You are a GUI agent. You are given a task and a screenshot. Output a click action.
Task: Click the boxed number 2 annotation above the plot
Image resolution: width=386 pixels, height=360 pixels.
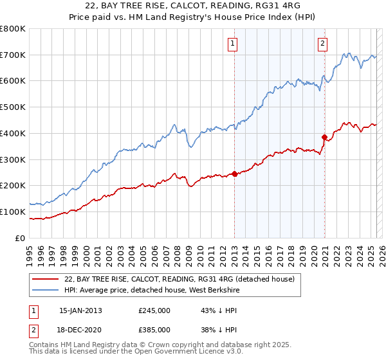[x=322, y=44]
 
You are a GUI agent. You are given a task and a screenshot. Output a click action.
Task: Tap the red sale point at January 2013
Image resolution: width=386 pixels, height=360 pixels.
[x=234, y=173]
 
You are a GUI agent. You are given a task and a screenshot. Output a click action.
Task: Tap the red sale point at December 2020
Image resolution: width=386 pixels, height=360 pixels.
[x=324, y=136]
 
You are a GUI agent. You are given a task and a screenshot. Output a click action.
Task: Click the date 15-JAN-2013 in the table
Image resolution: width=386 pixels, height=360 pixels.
[x=80, y=310]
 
